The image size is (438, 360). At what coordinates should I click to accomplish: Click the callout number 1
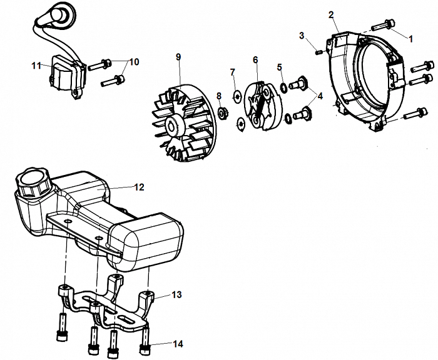(411, 38)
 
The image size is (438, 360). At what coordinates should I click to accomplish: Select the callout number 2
(331, 14)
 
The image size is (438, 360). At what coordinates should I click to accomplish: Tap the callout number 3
(302, 36)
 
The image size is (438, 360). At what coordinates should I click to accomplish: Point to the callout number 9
(178, 57)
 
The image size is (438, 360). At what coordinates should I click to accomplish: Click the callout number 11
(36, 64)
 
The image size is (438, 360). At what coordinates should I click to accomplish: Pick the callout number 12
(139, 186)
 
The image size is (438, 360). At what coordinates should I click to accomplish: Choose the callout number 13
(176, 294)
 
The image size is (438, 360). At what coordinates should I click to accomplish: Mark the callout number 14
(179, 343)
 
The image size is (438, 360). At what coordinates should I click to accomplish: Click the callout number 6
(255, 59)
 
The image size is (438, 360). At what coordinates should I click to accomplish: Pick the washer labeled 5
(283, 86)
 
